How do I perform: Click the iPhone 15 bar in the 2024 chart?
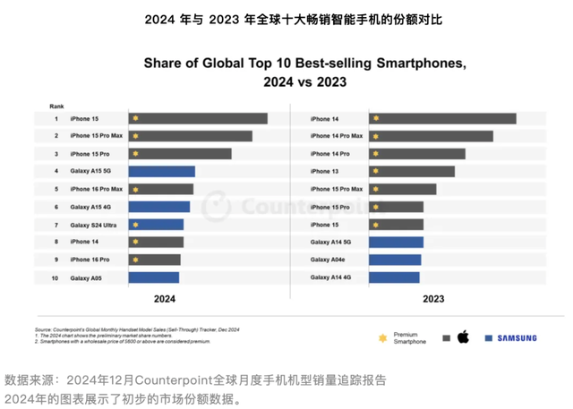coord(198,118)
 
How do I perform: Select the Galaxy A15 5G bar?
coord(162,171)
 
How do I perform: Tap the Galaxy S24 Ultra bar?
coord(157,225)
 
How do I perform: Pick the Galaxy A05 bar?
coord(154,277)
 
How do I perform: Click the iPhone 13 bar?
coord(412,171)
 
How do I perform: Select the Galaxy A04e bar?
coord(394,260)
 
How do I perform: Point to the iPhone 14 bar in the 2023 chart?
coord(442,118)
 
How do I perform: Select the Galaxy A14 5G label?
coord(331,242)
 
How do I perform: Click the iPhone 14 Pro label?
coord(330,154)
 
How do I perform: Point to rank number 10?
coord(55,277)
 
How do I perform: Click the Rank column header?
coord(56,105)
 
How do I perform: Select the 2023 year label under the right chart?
coord(432,299)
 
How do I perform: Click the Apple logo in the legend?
coord(463,337)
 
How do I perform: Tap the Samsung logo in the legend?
coord(511,338)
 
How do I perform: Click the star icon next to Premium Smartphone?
coord(383,337)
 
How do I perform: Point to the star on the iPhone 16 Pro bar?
coord(135,260)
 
